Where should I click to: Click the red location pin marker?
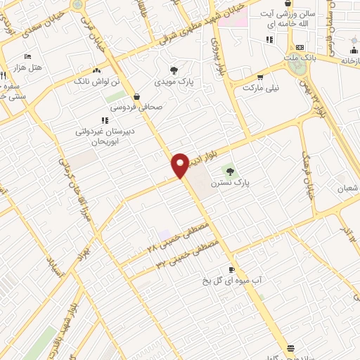pyautogui.click(x=180, y=165)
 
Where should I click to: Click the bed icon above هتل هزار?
pyautogui.click(x=27, y=55)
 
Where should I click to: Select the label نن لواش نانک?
pyautogui.click(x=96, y=82)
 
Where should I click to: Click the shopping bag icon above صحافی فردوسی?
pyautogui.click(x=136, y=97)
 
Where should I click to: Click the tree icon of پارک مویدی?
pyautogui.click(x=173, y=70)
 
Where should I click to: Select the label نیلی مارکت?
pyautogui.click(x=261, y=88)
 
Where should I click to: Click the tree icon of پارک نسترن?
pyautogui.click(x=227, y=171)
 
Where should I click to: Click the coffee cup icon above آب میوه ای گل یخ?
pyautogui.click(x=231, y=269)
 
